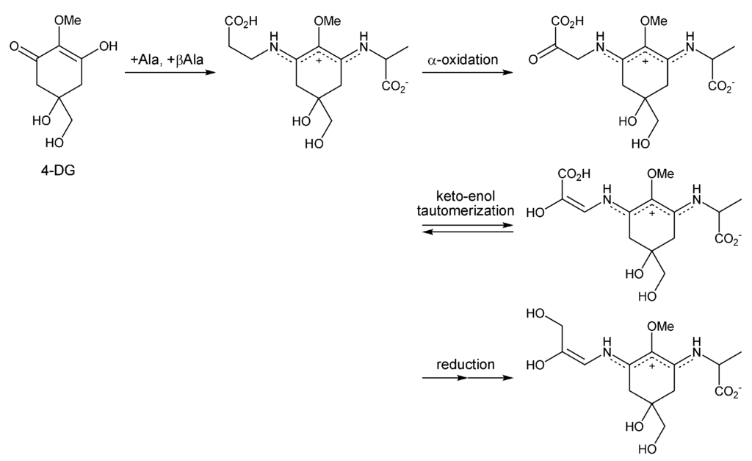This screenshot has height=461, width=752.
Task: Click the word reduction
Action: pos(466,364)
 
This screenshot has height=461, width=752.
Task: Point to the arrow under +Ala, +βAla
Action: pos(167,73)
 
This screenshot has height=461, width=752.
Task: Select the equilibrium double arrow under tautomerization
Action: pos(466,229)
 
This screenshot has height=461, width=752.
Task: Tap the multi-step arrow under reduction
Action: pos(466,379)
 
